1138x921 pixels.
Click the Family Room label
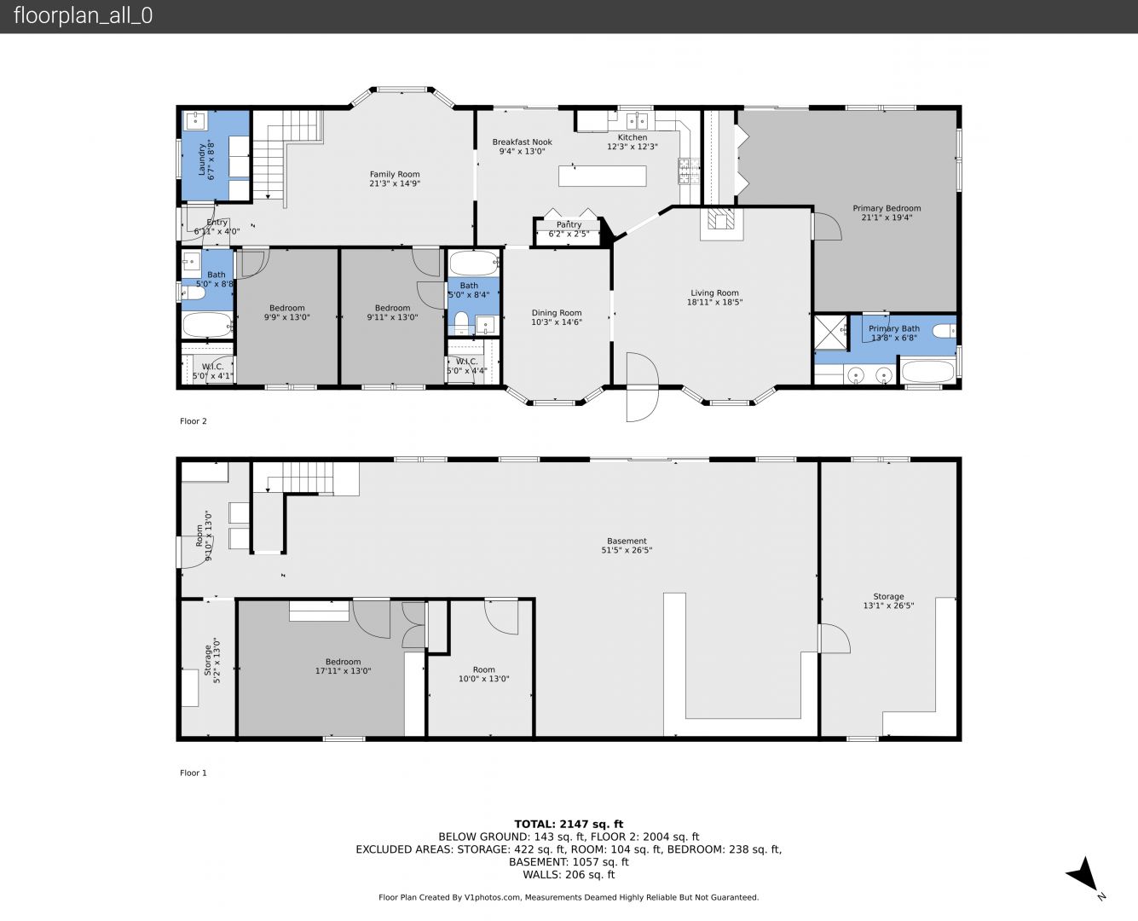tap(395, 174)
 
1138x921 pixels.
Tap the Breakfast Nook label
tap(522, 142)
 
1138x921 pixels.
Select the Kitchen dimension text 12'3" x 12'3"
tap(632, 147)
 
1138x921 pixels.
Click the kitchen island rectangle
tap(602, 176)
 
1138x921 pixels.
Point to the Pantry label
tap(569, 224)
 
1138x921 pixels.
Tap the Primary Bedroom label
tap(887, 208)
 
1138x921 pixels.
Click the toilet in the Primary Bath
tap(944, 332)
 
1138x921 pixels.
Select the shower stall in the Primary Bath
tap(830, 333)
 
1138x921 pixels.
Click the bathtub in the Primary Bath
tap(927, 371)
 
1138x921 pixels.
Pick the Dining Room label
tap(556, 313)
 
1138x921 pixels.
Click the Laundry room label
tap(202, 159)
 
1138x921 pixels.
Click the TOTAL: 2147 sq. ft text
tap(569, 825)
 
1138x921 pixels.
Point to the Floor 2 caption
tap(193, 421)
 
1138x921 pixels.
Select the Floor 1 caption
tap(193, 773)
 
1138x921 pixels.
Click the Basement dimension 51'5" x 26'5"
tap(627, 550)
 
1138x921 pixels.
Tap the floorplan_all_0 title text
tap(84, 15)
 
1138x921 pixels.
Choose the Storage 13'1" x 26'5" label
tap(888, 601)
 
